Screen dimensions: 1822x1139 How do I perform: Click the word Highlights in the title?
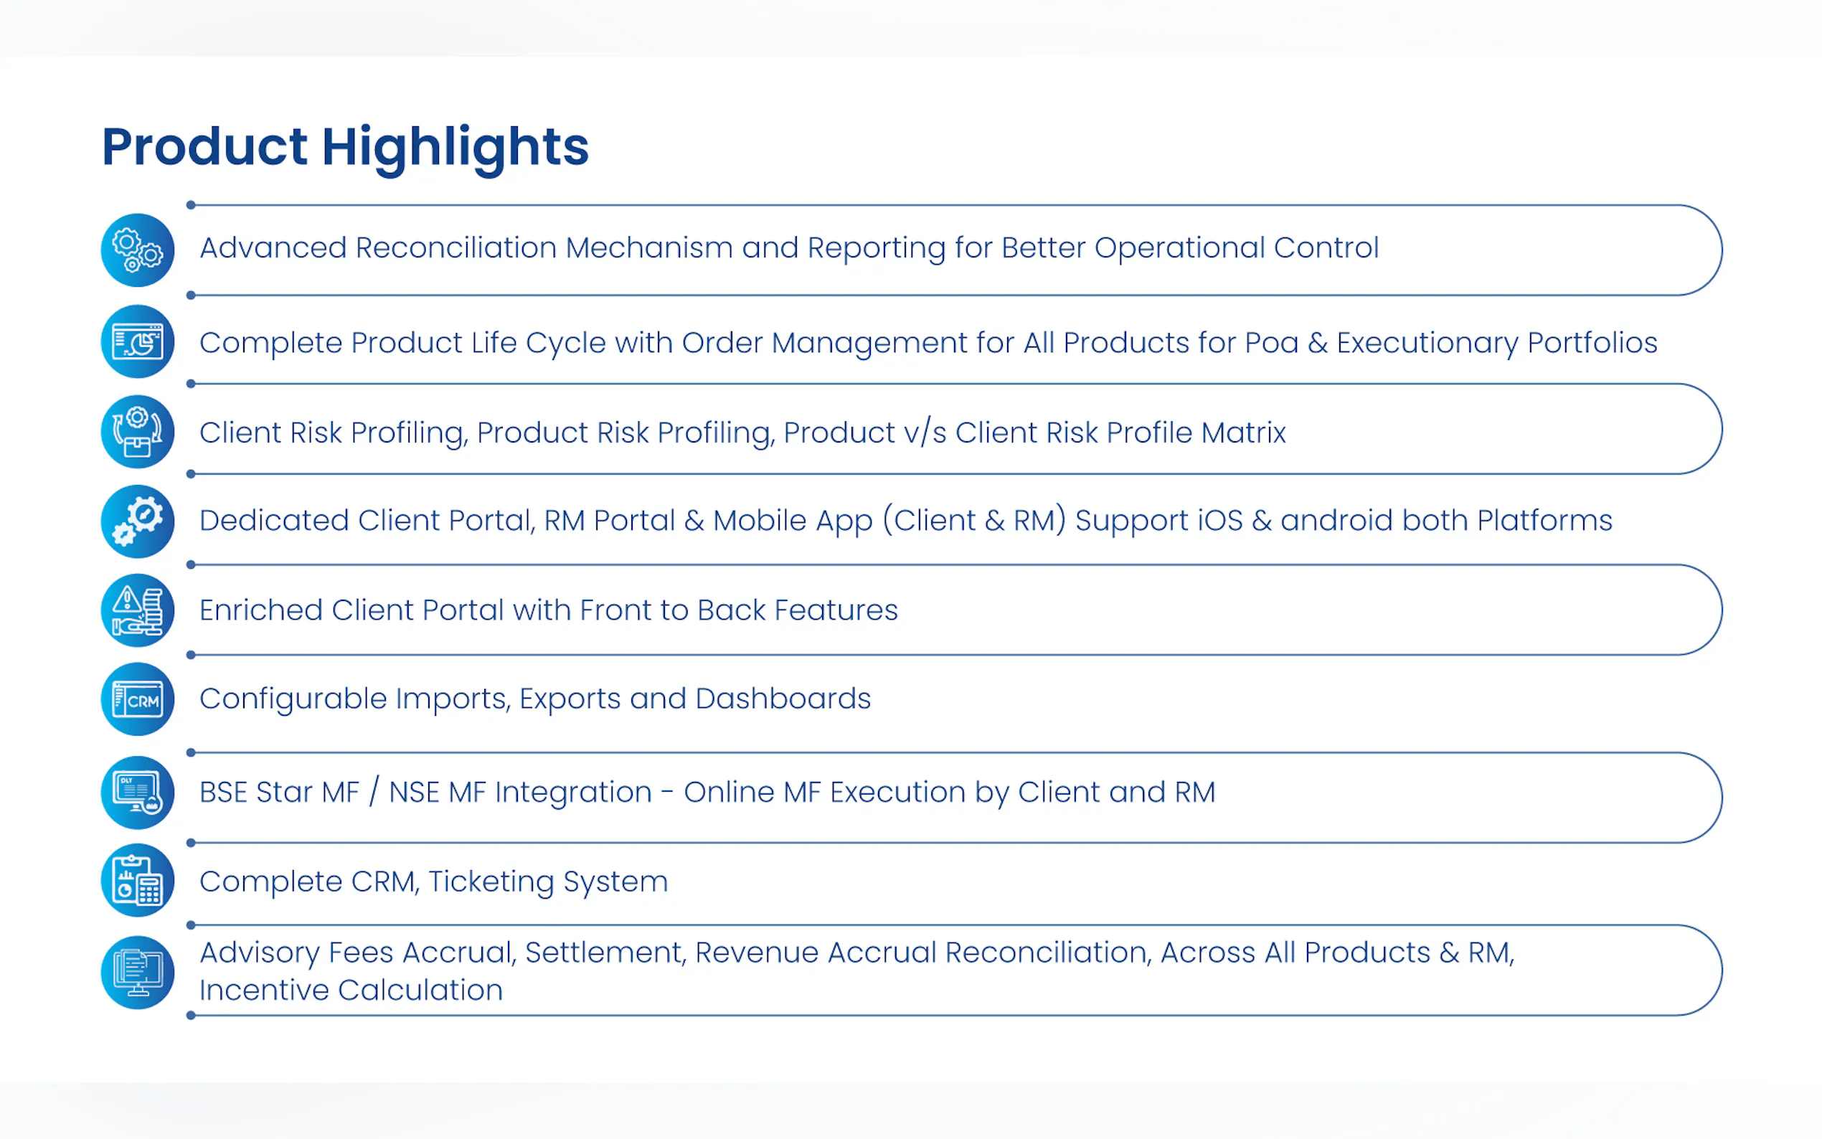click(x=455, y=148)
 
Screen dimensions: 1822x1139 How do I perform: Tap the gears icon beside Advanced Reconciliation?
click(x=138, y=250)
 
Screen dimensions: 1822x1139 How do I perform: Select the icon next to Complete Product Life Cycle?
click(x=138, y=341)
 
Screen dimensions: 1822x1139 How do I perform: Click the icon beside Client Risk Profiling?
click(x=138, y=432)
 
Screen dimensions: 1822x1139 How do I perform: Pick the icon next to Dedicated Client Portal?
click(x=138, y=521)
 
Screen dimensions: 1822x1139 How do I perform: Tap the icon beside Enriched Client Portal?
click(x=138, y=610)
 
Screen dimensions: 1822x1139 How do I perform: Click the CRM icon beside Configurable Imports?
click(x=138, y=699)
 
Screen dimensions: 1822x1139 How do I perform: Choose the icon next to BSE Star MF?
click(x=138, y=793)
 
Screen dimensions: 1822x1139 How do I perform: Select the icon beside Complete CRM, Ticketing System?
click(x=138, y=880)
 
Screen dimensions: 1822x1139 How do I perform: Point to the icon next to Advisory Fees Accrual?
click(x=138, y=973)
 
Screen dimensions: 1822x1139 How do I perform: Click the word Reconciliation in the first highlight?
click(x=455, y=248)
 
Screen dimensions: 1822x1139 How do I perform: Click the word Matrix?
click(x=1244, y=433)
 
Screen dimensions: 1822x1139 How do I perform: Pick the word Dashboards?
click(x=783, y=699)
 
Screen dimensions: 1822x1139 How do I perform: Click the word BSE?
click(x=224, y=793)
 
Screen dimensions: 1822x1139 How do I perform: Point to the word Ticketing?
click(x=491, y=882)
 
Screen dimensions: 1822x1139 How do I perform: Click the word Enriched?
click(x=261, y=610)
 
